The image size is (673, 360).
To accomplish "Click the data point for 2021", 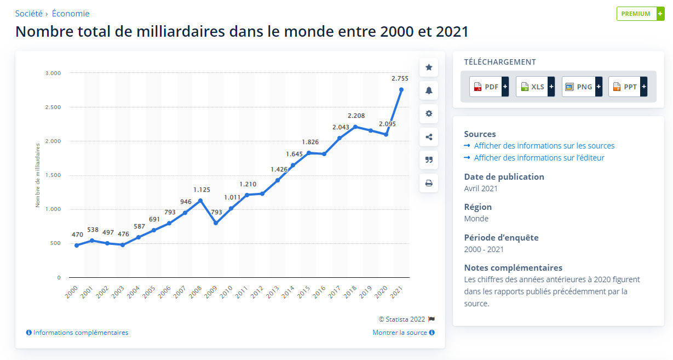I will point(401,89).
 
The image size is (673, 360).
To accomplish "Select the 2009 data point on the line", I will point(216,223).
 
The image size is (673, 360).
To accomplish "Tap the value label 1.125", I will point(202,190).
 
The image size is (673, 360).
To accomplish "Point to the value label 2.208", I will point(356,116).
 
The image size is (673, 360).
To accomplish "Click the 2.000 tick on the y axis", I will point(53,141).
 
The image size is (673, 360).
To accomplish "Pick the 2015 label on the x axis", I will point(304,292).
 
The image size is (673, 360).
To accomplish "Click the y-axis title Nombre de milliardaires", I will point(38,175).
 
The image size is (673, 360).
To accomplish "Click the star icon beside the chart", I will point(429,67).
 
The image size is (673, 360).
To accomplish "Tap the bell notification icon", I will point(429,90).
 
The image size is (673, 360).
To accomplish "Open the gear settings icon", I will point(429,113).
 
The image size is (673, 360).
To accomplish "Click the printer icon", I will point(429,183).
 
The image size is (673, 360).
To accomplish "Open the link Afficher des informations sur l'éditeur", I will point(539,158).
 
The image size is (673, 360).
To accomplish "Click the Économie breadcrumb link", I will point(71,14).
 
